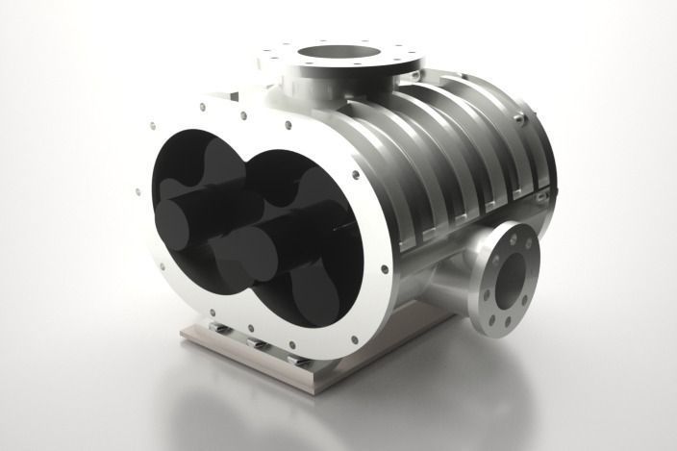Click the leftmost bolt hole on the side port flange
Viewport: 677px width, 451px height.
(x=486, y=275)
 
